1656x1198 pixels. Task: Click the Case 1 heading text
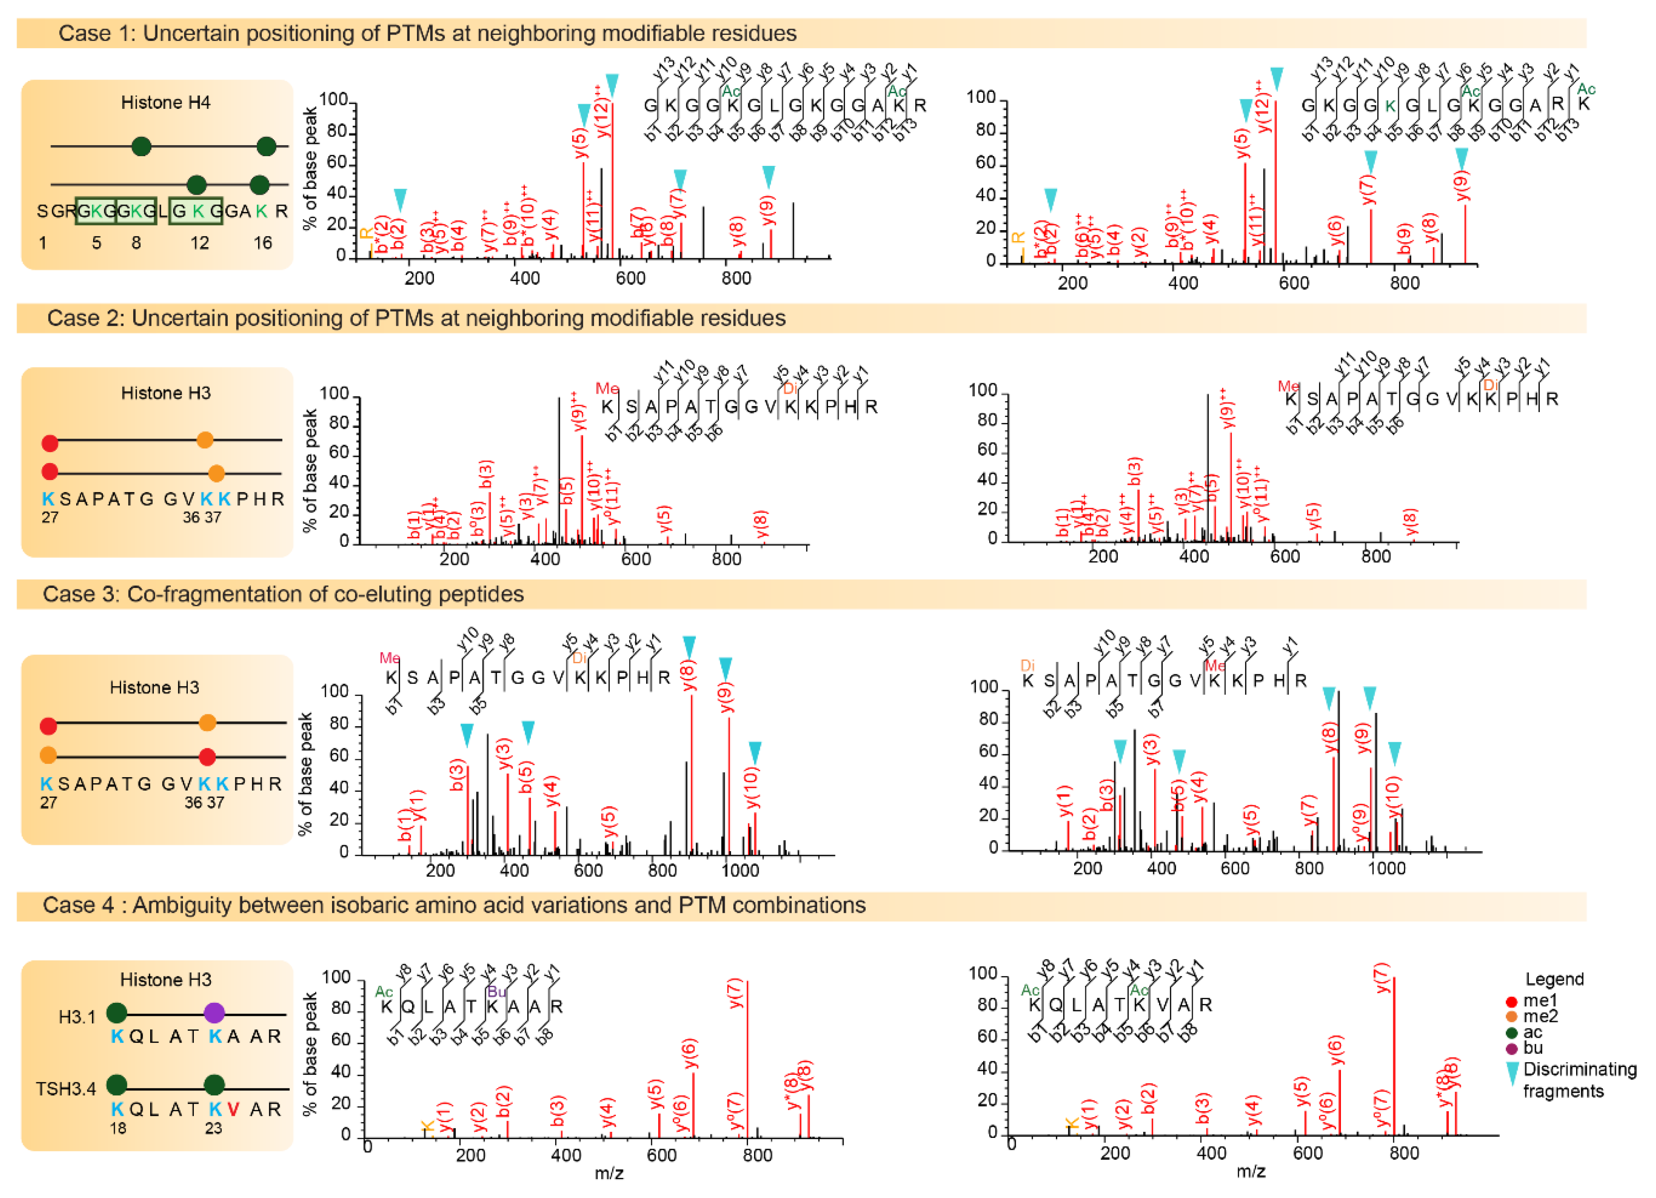click(427, 34)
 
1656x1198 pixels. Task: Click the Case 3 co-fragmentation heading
click(283, 594)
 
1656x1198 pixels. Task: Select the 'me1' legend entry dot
click(1511, 1001)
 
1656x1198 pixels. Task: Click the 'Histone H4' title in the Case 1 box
click(166, 103)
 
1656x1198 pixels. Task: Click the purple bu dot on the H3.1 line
click(214, 1013)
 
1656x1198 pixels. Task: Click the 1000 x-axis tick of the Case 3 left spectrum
click(740, 871)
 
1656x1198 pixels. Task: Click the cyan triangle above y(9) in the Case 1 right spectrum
click(1462, 158)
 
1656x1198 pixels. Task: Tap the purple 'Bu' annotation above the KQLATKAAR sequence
click(496, 991)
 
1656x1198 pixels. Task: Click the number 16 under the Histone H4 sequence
click(263, 243)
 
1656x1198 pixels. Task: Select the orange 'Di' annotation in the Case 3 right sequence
click(1027, 666)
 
